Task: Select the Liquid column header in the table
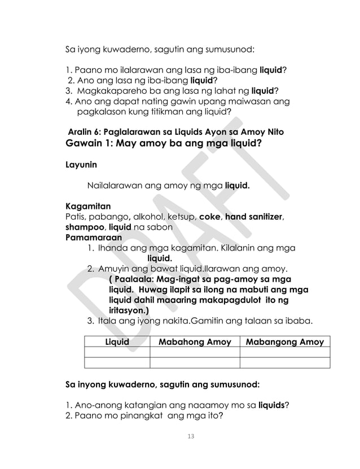click(117, 342)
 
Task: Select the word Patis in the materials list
click(76, 216)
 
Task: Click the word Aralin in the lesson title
click(82, 132)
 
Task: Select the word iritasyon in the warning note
click(128, 310)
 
